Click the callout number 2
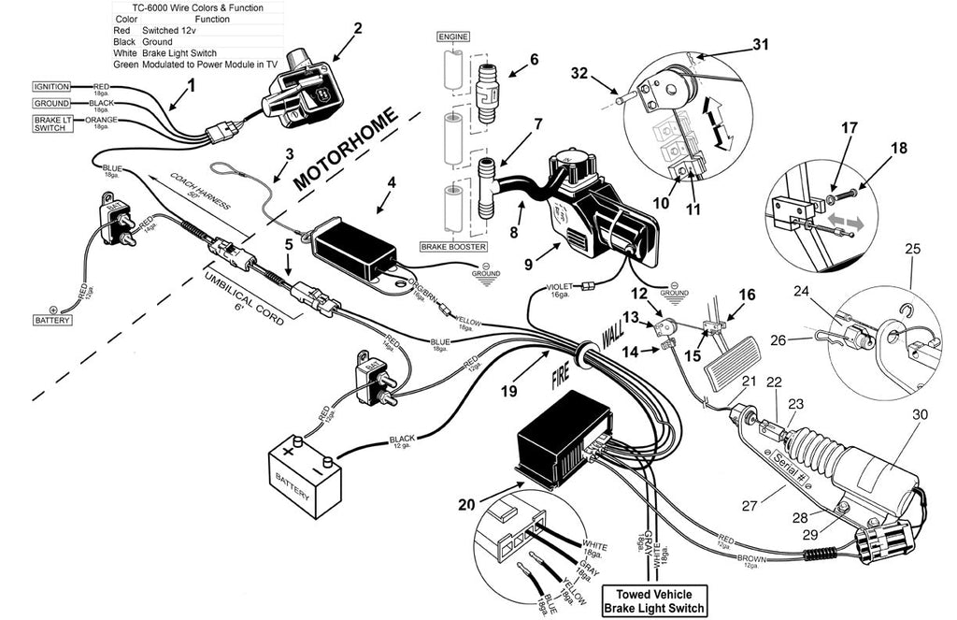(357, 27)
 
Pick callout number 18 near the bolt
(873, 148)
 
